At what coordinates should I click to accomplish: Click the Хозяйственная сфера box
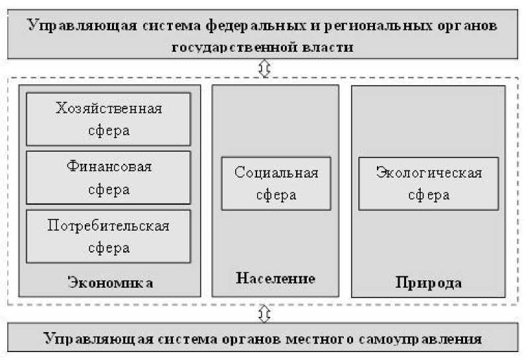(108, 119)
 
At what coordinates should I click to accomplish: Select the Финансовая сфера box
(108, 177)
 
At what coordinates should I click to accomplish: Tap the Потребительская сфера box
(108, 237)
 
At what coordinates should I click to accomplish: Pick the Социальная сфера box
(276, 184)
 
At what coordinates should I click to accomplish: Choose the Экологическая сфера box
(428, 184)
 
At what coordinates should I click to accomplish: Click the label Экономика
(111, 283)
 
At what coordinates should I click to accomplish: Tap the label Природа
(428, 283)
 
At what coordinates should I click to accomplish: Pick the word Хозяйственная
(109, 109)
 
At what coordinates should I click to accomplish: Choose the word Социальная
(276, 173)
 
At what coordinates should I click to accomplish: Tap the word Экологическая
(429, 173)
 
